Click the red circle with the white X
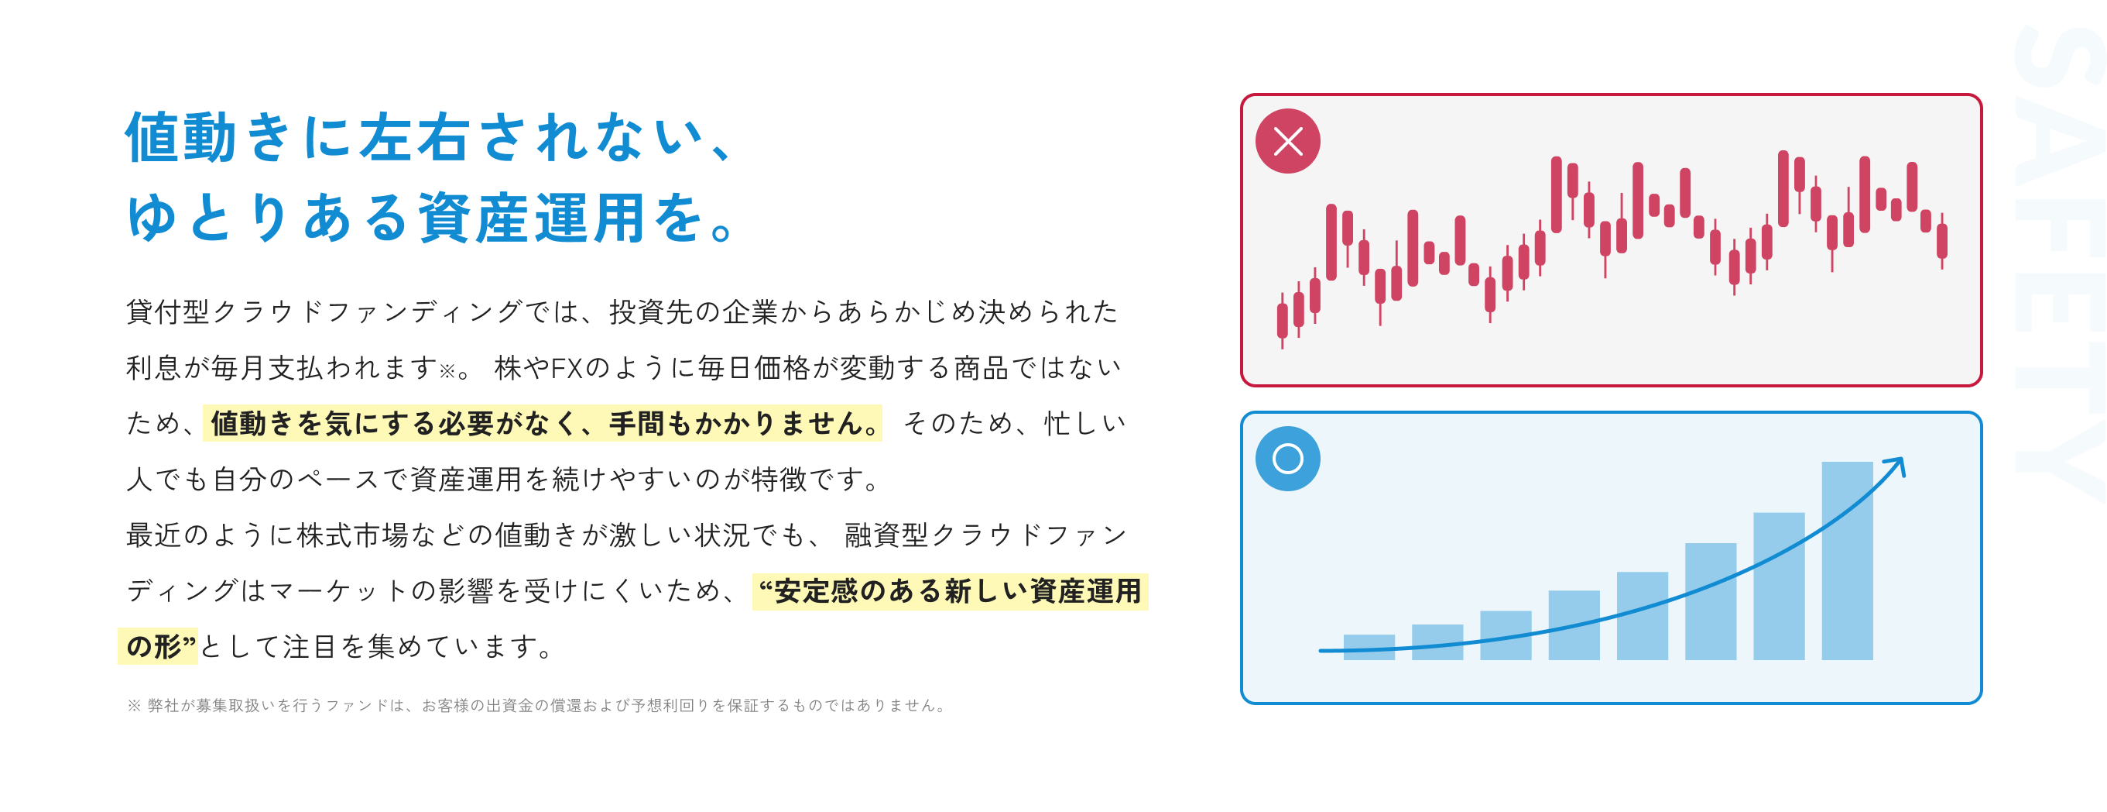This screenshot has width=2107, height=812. [1287, 141]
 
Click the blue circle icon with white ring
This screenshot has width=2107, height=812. [1287, 459]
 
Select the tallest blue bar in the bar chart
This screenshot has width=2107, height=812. [1847, 561]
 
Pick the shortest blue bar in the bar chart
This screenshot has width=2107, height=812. [1369, 647]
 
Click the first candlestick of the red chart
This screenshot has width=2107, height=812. [1283, 320]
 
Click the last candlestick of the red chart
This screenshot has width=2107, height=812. [1942, 241]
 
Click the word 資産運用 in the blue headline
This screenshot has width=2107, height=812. [533, 218]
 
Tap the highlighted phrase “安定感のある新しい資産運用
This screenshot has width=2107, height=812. [950, 591]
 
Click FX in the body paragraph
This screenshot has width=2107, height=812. [566, 368]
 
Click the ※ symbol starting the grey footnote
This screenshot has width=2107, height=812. [134, 706]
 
